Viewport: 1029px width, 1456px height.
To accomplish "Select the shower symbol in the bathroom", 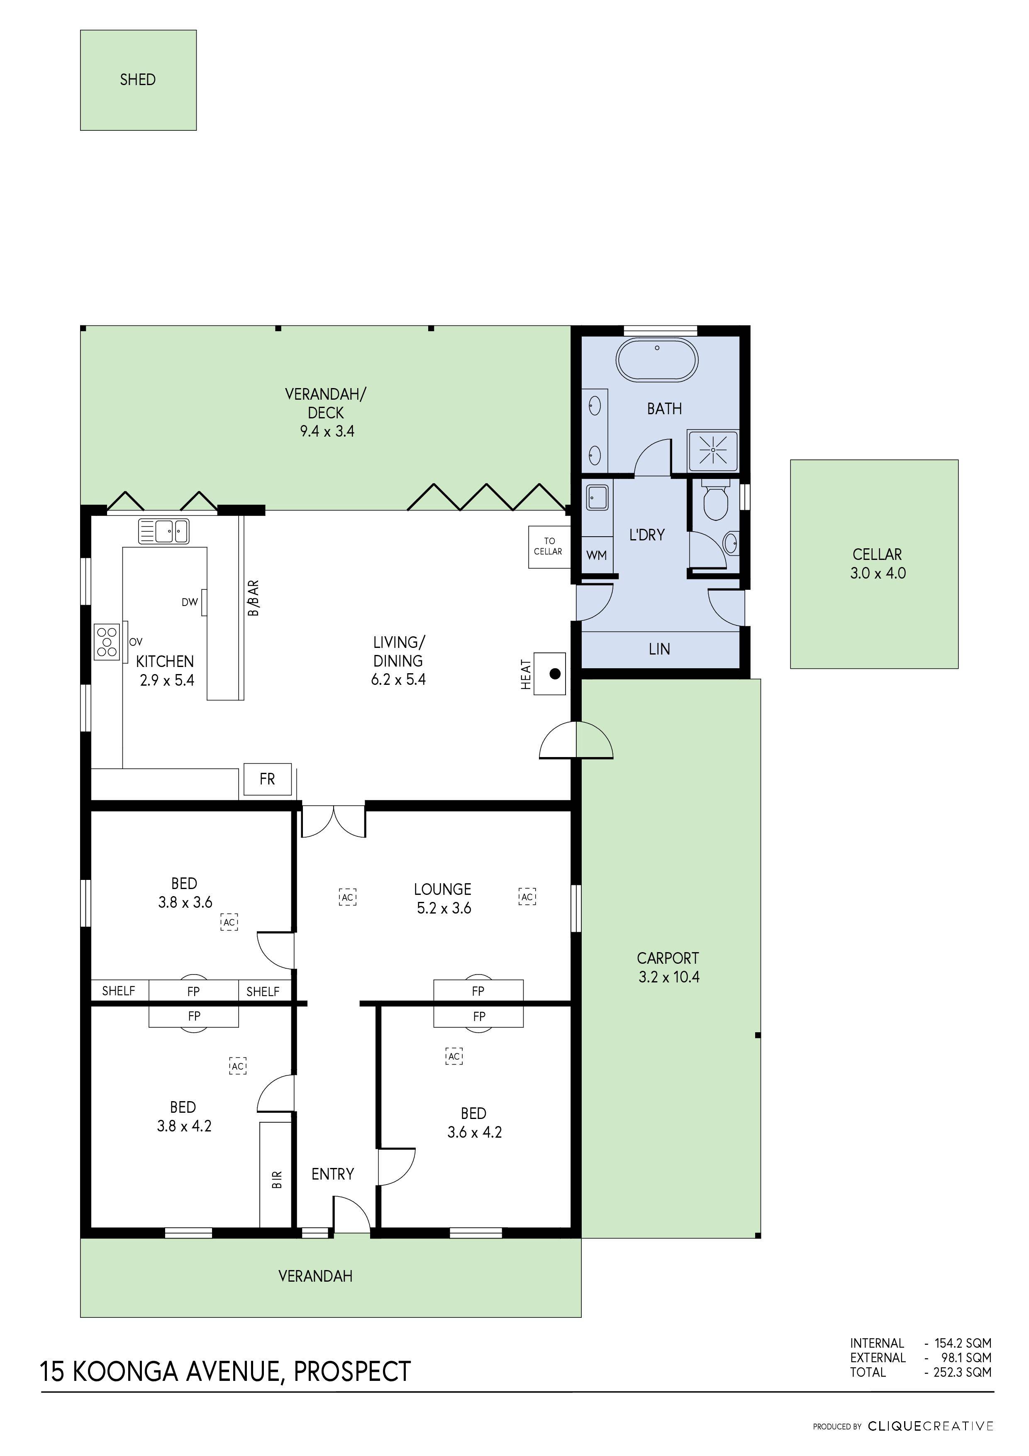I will (x=713, y=450).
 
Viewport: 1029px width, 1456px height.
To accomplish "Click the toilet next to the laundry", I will (x=716, y=502).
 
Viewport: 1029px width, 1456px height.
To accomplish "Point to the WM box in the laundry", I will (x=597, y=555).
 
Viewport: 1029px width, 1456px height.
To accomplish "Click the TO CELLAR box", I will (x=549, y=547).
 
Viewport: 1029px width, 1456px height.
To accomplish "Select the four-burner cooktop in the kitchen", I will (x=107, y=642).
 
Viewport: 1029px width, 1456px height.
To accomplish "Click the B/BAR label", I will (x=254, y=598).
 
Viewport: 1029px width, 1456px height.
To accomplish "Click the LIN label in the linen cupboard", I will (x=659, y=650).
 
